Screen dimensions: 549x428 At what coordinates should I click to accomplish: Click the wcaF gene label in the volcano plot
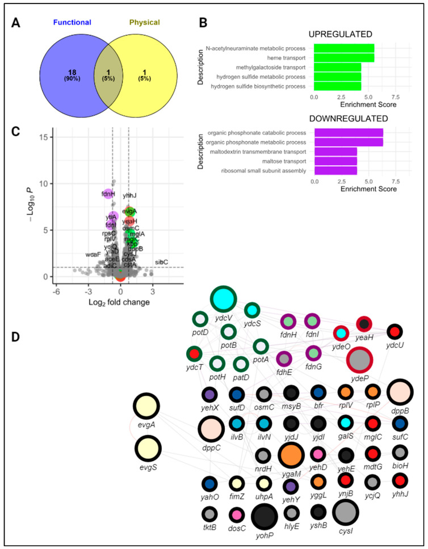tap(94, 254)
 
